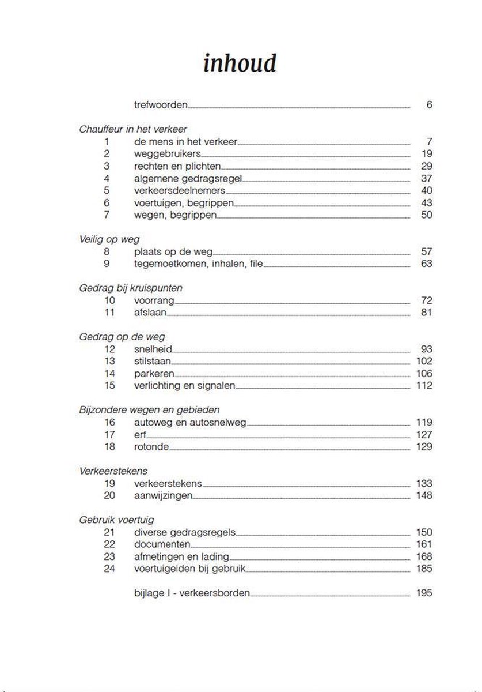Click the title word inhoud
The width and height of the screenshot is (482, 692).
pyautogui.click(x=240, y=63)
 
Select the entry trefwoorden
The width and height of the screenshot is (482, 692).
pyautogui.click(x=161, y=105)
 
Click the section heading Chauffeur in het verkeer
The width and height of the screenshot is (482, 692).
pyautogui.click(x=133, y=129)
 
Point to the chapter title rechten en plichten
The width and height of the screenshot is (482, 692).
pyautogui.click(x=172, y=166)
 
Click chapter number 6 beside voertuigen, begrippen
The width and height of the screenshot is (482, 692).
pyautogui.click(x=107, y=203)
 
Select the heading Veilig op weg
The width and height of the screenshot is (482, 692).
pyautogui.click(x=109, y=239)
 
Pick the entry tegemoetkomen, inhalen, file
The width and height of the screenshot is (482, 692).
pyautogui.click(x=199, y=264)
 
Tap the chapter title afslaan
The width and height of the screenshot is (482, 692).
pyautogui.click(x=150, y=313)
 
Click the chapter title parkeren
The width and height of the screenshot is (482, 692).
pyautogui.click(x=154, y=374)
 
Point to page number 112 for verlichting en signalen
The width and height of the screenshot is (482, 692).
pyautogui.click(x=423, y=386)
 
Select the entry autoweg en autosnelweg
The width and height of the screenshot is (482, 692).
pyautogui.click(x=190, y=423)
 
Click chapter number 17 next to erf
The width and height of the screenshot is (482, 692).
pyautogui.click(x=109, y=435)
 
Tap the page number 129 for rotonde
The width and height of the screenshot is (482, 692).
pyautogui.click(x=423, y=447)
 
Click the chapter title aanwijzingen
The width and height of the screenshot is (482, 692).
pyautogui.click(x=163, y=496)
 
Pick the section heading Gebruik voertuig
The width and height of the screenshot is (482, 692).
pyautogui.click(x=117, y=520)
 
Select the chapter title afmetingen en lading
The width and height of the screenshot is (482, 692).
pyautogui.click(x=181, y=557)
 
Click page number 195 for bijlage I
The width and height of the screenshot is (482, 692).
pyautogui.click(x=423, y=593)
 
